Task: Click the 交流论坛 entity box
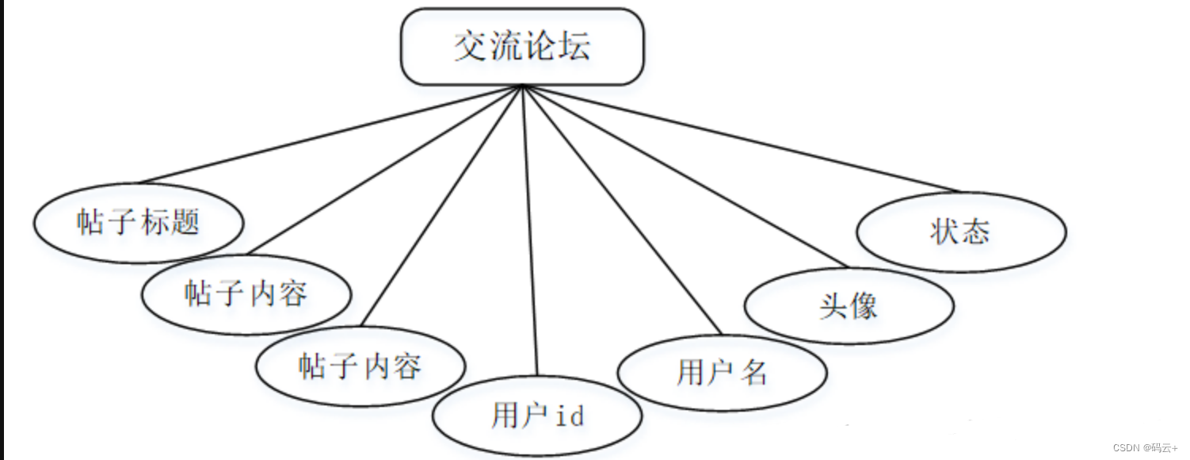(522, 47)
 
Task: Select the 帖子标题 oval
(138, 222)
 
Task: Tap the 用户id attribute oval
(537, 415)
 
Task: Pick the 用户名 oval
(722, 372)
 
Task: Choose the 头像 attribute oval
(849, 306)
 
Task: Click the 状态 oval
(960, 232)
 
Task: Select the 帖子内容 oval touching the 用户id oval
(360, 366)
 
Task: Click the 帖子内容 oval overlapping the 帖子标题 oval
(246, 294)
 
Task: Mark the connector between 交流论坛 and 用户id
(530, 230)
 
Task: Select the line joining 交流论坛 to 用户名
(622, 210)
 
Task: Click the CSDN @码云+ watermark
(1145, 448)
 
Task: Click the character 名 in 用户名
(755, 373)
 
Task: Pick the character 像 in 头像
(864, 306)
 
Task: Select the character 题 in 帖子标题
(185, 222)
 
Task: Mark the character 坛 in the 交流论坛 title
(574, 47)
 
